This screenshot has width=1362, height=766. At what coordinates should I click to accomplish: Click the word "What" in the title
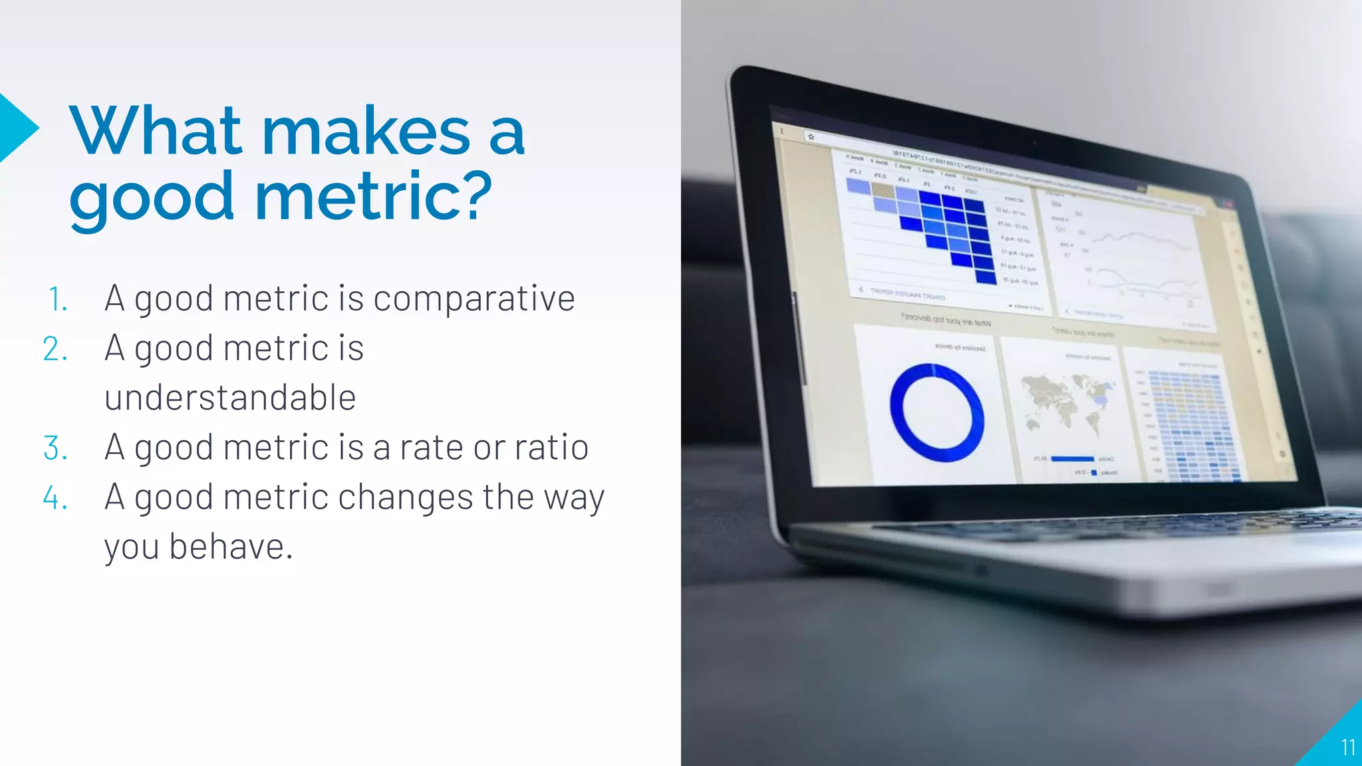(x=156, y=131)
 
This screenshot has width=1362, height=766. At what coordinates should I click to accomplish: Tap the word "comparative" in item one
(x=474, y=299)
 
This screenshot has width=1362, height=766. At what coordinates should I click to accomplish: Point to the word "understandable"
(x=230, y=398)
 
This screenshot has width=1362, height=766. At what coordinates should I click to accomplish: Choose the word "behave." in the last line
(x=231, y=547)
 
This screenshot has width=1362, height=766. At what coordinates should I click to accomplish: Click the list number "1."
(x=58, y=299)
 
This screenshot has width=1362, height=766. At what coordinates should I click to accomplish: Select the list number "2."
(x=56, y=349)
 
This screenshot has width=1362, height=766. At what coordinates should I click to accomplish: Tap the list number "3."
(x=56, y=448)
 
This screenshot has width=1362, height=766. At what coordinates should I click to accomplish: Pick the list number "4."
(x=56, y=498)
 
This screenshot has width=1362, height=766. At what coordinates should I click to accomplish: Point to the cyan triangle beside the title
(x=16, y=128)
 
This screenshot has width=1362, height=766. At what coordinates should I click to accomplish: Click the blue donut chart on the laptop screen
(x=937, y=413)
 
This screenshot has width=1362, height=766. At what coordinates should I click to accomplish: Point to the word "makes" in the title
(x=366, y=131)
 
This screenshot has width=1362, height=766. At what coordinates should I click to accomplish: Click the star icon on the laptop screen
(x=811, y=137)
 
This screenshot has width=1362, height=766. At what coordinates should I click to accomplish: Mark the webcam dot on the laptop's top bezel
(x=1035, y=142)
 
